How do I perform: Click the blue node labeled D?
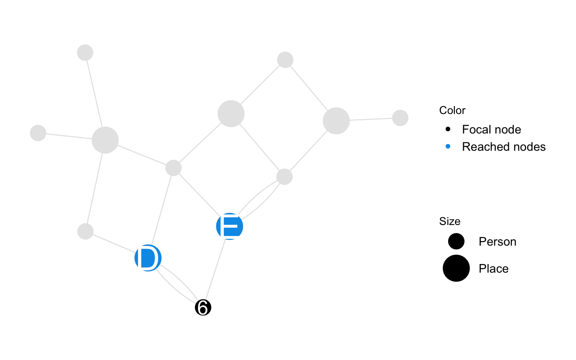[148, 258]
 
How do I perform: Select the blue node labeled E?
[229, 226]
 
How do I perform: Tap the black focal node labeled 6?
[203, 308]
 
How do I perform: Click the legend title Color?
[452, 110]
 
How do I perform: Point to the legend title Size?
[450, 221]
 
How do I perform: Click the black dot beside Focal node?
[448, 129]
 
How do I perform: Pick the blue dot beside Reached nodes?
[448, 147]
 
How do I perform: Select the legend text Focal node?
[491, 129]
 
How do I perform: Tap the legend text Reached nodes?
[504, 147]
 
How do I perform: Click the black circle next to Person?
[456, 241]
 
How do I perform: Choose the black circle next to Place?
[456, 268]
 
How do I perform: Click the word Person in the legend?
[497, 241]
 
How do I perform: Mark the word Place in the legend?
[493, 268]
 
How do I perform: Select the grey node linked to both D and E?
[173, 168]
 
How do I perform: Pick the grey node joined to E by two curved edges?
[284, 177]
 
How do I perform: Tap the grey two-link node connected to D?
[85, 231]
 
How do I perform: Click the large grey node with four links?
[105, 140]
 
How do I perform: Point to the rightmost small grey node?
[400, 118]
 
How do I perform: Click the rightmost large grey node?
[336, 121]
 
